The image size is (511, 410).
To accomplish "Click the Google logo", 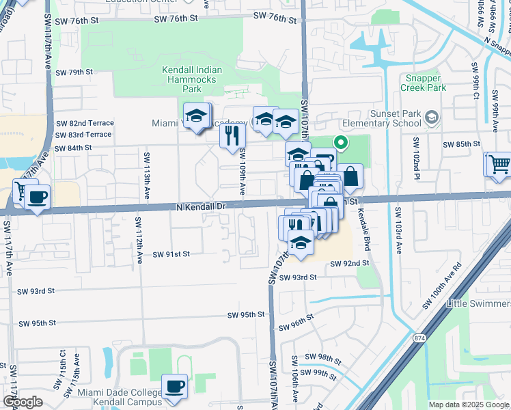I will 23,402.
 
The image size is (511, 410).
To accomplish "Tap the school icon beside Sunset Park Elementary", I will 431,118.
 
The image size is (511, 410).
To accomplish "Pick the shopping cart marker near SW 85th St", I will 498,165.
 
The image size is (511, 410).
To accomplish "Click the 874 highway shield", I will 419,338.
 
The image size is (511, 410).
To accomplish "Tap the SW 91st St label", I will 171,254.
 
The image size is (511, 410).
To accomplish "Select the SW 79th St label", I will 74,72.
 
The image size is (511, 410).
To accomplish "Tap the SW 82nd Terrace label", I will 85,123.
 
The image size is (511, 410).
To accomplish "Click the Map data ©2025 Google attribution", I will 468,405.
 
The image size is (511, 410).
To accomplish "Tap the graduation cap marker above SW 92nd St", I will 300,243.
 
